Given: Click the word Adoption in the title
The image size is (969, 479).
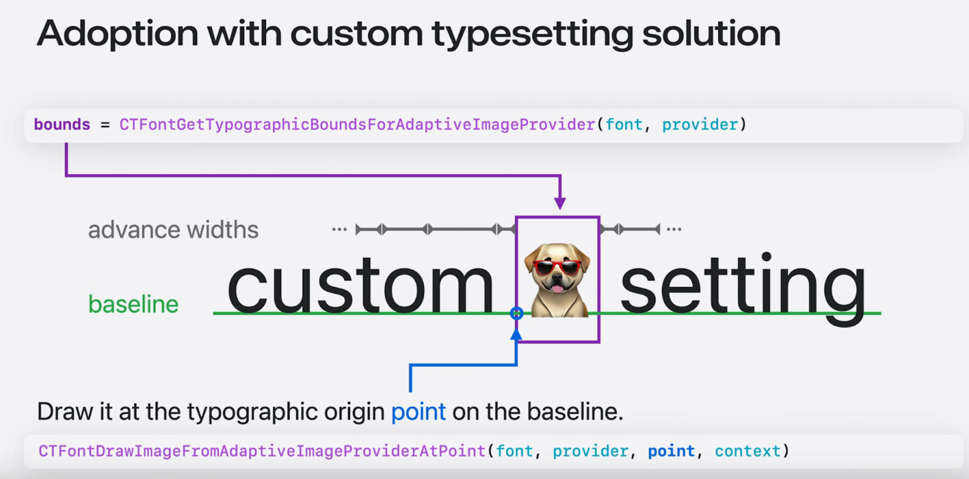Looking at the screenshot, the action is point(117,34).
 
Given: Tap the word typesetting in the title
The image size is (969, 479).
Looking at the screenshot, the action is point(532,35).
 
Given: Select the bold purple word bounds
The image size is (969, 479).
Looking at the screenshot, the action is point(62,125).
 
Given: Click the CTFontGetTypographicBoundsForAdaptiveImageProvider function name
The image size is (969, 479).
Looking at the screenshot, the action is point(357,125).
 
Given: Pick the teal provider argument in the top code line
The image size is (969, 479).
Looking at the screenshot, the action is point(700,125).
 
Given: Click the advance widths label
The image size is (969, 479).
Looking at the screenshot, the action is point(173,230).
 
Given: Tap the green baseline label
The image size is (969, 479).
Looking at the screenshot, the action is point(133,304).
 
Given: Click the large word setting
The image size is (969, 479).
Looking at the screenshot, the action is point(743,288).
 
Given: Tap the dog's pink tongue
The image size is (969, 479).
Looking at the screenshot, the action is point(557,289).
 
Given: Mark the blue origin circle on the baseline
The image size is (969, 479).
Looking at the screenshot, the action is point(517,313).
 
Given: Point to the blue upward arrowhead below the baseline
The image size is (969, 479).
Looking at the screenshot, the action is point(515,334).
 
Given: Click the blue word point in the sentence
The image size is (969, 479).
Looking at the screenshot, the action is point(418,412).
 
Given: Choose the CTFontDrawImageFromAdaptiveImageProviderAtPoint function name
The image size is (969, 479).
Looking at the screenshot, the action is point(262,451).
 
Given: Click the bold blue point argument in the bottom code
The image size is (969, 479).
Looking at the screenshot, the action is point(671,451).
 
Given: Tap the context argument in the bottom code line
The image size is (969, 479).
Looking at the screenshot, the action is point(747,451).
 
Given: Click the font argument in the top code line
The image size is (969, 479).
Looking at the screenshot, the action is point(624,125).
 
